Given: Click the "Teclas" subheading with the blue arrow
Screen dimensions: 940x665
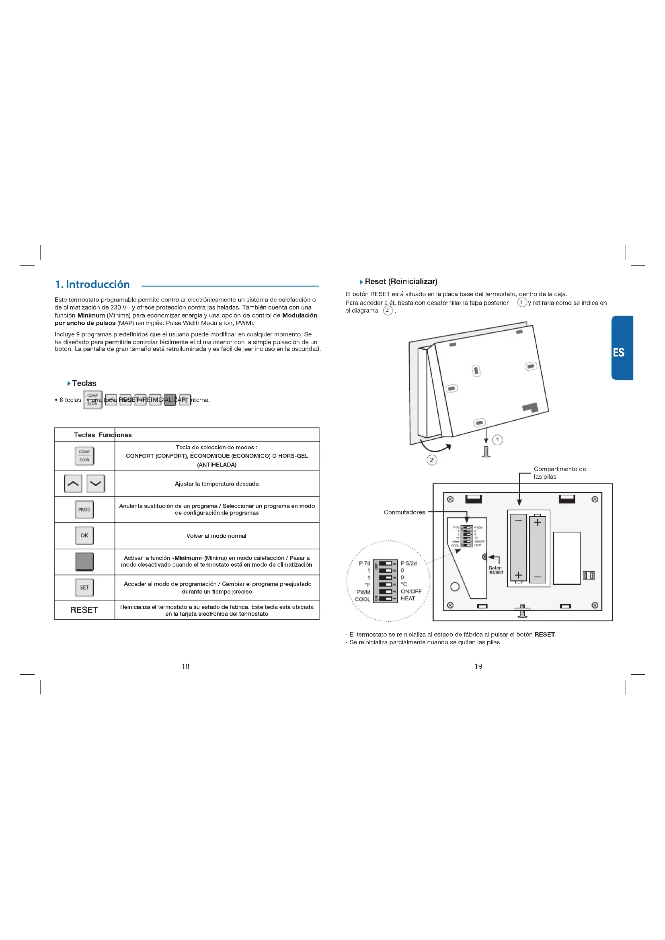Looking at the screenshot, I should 84,383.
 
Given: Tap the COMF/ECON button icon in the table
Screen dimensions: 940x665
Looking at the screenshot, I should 84,456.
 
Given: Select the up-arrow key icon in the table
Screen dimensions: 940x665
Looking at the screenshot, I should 73,483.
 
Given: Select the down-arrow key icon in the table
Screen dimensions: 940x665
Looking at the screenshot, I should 96,483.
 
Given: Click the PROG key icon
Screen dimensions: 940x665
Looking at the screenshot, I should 84,509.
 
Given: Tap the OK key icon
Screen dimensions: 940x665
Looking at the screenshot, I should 84,535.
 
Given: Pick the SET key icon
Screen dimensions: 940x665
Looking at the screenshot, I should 84,587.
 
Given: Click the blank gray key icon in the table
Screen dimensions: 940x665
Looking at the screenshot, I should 84,561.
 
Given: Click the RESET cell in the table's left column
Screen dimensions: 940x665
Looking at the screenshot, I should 84,610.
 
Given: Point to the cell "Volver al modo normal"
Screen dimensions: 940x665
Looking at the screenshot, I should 216,535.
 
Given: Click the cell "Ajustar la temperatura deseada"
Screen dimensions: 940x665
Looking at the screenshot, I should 217,483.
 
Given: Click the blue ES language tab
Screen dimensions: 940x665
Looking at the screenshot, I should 622,348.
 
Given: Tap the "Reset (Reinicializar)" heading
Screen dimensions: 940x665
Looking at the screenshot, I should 400,282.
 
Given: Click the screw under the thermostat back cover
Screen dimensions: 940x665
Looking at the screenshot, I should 486,452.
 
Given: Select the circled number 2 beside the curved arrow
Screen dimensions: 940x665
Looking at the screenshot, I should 431,460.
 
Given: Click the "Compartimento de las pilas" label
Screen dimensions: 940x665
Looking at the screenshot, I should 559,473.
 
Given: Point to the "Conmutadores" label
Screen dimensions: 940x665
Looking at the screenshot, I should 404,512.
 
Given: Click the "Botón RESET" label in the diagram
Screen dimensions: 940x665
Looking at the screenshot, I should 495,570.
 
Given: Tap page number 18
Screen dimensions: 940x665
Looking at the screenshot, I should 185,666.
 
